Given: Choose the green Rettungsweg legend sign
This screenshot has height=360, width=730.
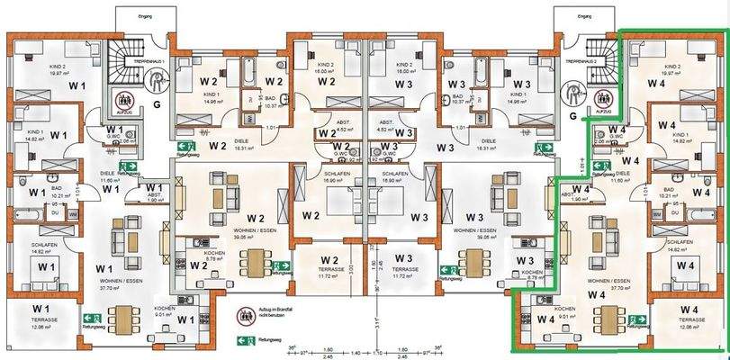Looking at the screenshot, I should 241,340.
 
